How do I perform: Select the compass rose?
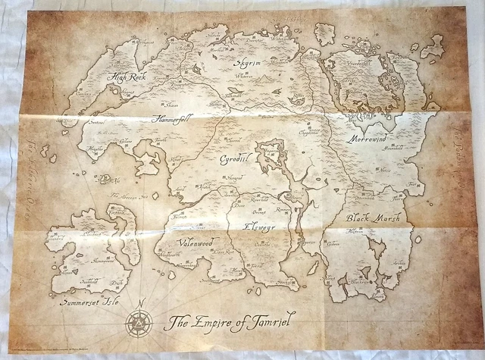pos(139,325)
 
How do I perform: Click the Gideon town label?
pos(334,244)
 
